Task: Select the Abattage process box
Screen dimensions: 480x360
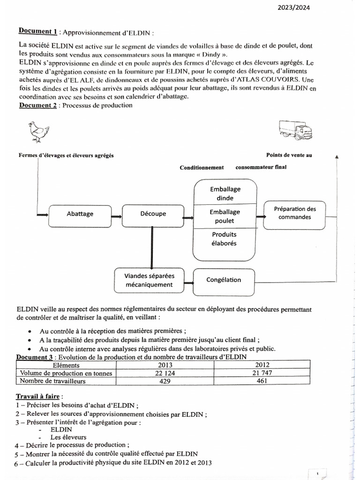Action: (x=80, y=214)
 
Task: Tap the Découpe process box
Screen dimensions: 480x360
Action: (x=153, y=214)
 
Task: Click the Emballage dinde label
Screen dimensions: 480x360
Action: (x=225, y=193)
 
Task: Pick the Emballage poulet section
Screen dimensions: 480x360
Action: (x=225, y=216)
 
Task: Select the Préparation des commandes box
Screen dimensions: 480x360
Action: (x=295, y=213)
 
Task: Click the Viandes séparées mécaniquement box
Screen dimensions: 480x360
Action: (x=149, y=280)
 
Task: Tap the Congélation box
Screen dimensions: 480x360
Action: (x=224, y=280)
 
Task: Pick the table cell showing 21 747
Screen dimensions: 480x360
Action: (x=262, y=373)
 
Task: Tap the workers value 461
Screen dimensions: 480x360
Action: (x=262, y=381)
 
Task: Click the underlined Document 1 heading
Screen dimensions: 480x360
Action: (x=38, y=32)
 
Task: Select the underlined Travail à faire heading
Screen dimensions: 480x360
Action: (x=39, y=396)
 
